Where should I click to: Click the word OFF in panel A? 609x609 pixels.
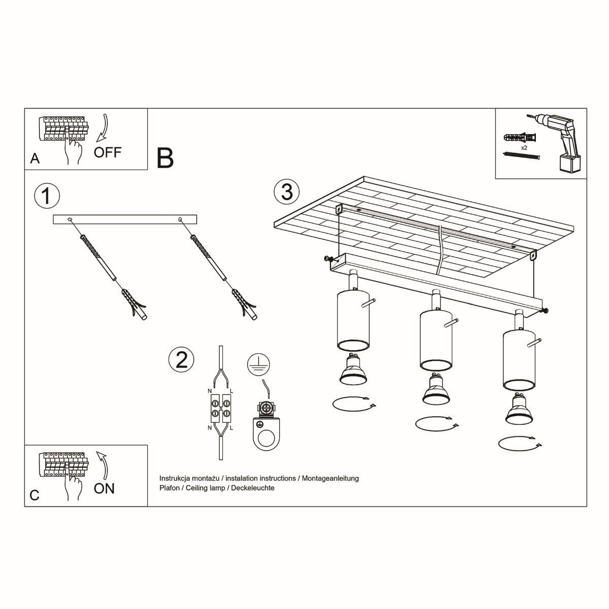[107, 152]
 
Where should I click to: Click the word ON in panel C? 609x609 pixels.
[104, 488]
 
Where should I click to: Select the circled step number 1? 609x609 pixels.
[46, 196]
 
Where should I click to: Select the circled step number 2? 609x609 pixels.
[181, 359]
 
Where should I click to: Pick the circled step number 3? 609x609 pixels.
[287, 192]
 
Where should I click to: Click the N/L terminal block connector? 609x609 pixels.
[220, 409]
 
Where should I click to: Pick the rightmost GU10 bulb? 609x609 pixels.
[519, 410]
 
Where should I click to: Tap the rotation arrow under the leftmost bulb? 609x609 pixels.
[355, 403]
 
